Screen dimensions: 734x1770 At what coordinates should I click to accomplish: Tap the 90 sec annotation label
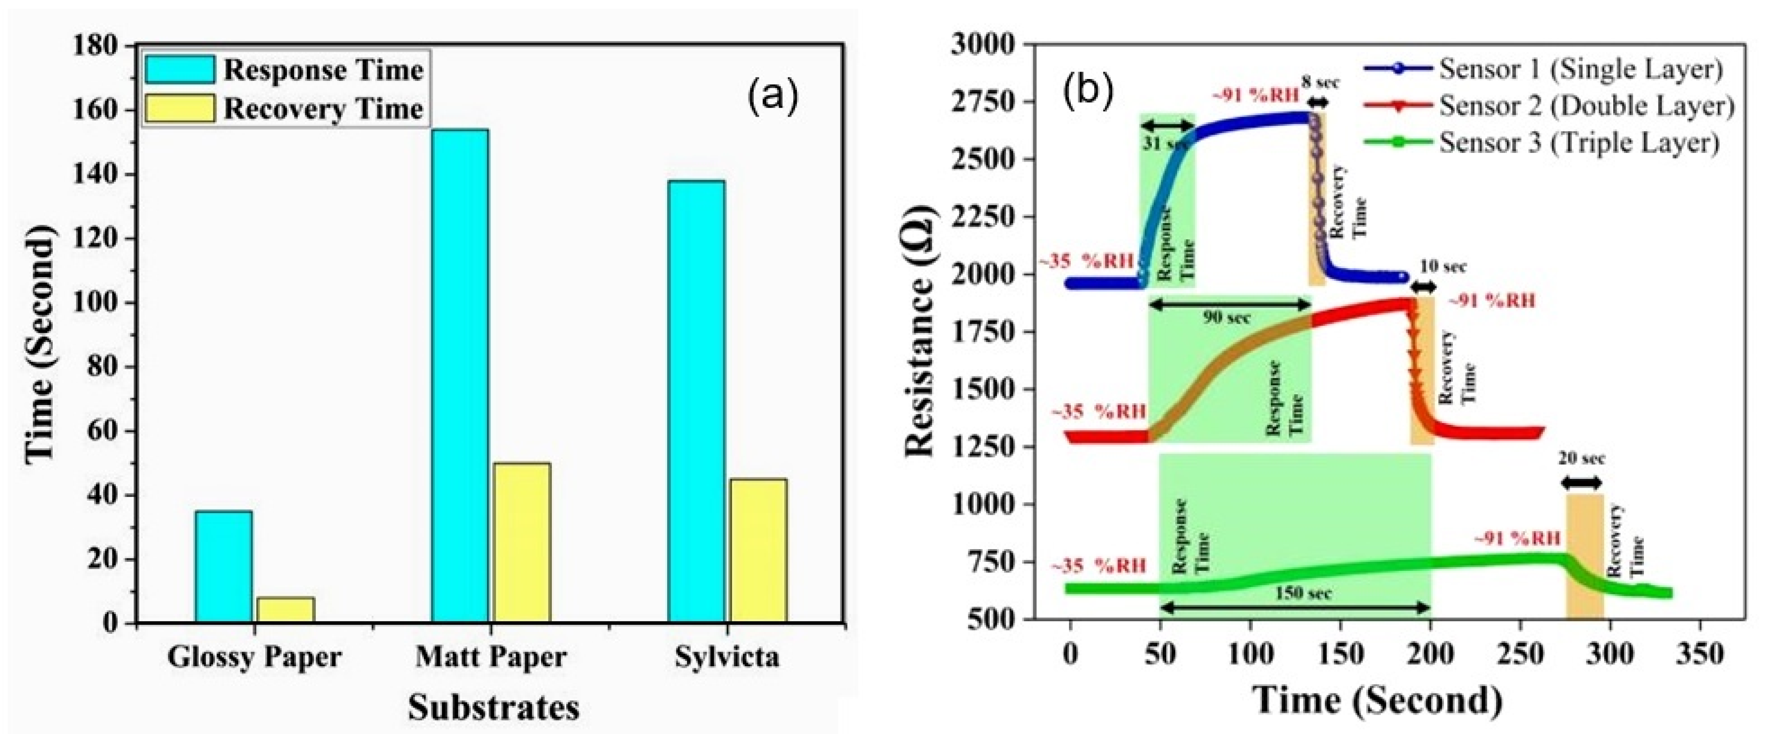tap(1227, 317)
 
